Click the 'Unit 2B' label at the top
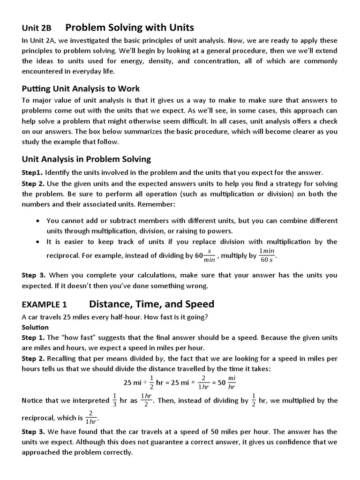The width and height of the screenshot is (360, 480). (x=37, y=28)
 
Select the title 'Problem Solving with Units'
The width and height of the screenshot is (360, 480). (x=129, y=27)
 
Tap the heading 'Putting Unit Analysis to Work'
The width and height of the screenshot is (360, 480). (x=81, y=89)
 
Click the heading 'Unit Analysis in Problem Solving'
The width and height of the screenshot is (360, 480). (x=86, y=159)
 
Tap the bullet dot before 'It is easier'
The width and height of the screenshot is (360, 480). (x=37, y=242)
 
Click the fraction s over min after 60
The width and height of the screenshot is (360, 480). (x=210, y=256)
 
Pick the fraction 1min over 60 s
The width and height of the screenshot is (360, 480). (x=268, y=256)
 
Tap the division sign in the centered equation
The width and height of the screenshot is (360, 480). (x=145, y=382)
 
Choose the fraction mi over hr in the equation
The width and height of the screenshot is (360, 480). (x=232, y=382)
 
